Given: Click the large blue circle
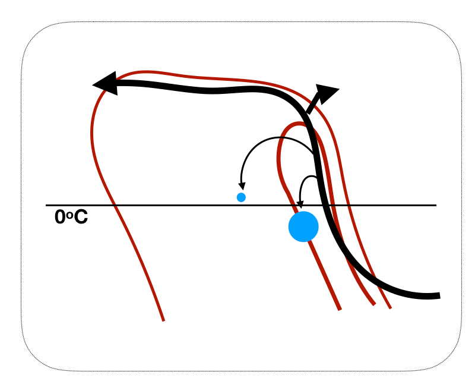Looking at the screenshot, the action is pyautogui.click(x=303, y=226).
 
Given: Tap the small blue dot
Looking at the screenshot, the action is pyautogui.click(x=241, y=197).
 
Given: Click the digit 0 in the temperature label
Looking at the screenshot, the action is pyautogui.click(x=60, y=218).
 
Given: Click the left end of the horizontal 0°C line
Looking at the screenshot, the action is pyautogui.click(x=47, y=205).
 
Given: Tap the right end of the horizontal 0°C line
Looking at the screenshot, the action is pyautogui.click(x=436, y=205).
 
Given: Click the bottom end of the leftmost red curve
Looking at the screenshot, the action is pyautogui.click(x=163, y=320).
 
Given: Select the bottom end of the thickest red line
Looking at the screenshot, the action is pyautogui.click(x=340, y=309).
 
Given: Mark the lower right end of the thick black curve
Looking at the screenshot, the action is pyautogui.click(x=438, y=295).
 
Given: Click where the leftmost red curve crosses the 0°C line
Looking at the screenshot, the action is pyautogui.click(x=115, y=205).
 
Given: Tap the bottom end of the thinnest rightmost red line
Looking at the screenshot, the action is pyautogui.click(x=391, y=308).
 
